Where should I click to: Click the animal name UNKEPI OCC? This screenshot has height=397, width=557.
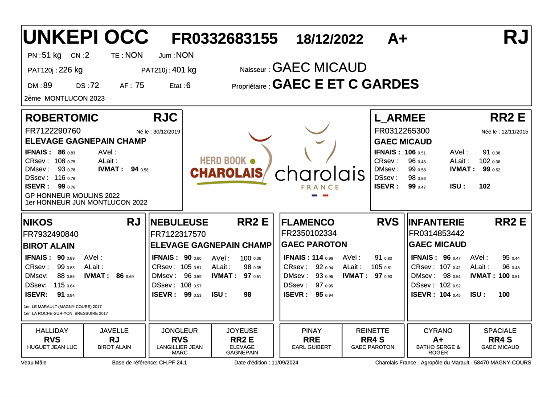click(86, 37)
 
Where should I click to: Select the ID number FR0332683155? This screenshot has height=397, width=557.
click(225, 39)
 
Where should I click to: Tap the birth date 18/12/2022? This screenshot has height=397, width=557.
click(330, 40)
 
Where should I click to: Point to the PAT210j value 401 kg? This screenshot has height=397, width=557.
click(184, 70)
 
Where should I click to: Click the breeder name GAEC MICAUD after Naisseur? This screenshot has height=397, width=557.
click(319, 68)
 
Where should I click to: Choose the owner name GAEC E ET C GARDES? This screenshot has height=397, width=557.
click(345, 84)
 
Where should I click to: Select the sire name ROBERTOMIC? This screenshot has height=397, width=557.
click(61, 118)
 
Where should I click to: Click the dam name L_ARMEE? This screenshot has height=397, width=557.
click(400, 118)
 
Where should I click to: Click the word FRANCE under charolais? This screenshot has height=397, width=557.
click(320, 187)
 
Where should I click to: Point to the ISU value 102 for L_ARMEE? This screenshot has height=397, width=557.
click(484, 187)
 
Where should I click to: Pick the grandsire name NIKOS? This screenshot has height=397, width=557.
click(38, 222)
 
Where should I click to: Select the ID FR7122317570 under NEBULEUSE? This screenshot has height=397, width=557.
click(178, 234)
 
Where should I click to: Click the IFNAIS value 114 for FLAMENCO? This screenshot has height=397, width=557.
click(317, 258)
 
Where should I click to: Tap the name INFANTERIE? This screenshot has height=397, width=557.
click(436, 222)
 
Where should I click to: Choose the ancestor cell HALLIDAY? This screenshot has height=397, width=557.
click(52, 331)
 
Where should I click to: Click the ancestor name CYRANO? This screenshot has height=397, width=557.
click(438, 331)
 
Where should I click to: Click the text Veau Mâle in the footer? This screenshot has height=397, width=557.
click(34, 363)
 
